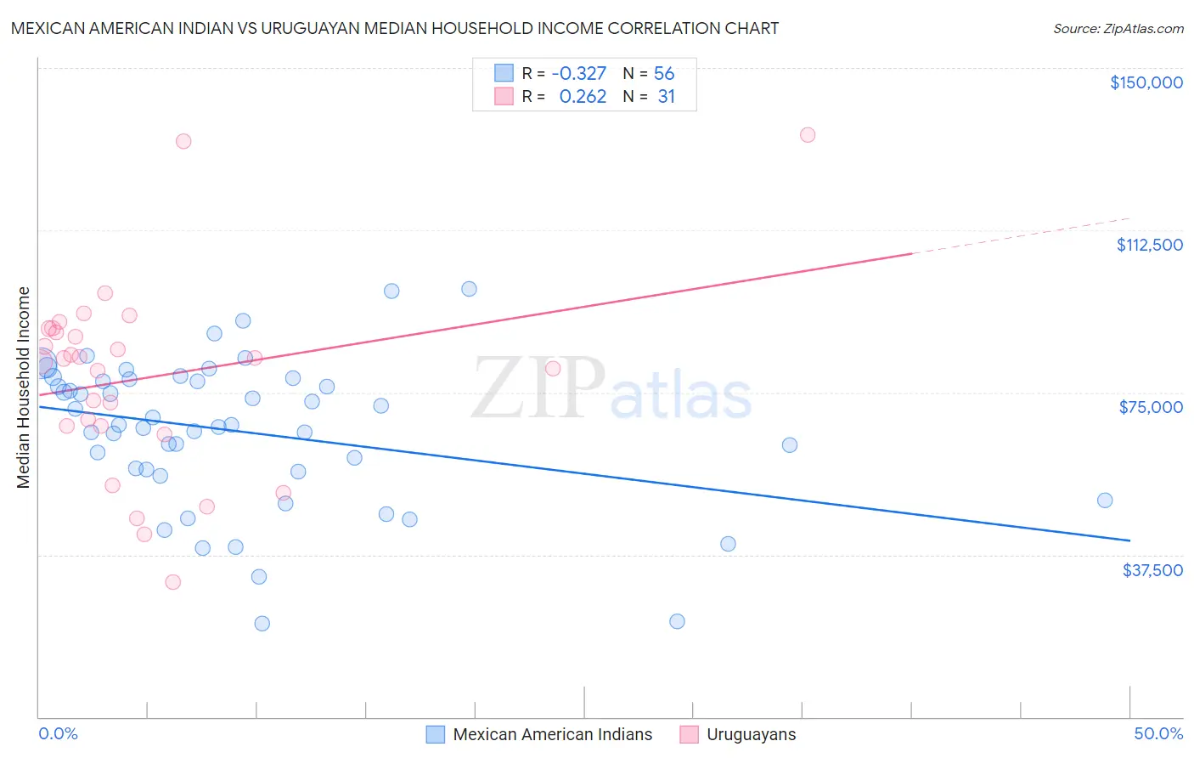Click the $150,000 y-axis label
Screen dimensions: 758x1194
[x=1146, y=82]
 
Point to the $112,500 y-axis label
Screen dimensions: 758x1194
[x=1149, y=245]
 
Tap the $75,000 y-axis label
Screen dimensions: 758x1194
[x=1151, y=407]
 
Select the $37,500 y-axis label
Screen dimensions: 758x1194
[x=1152, y=569]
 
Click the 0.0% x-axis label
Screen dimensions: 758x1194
[x=58, y=733]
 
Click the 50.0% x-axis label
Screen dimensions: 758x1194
[x=1158, y=733]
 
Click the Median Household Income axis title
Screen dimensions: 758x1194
[x=24, y=387]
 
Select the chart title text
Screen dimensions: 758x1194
[x=395, y=28]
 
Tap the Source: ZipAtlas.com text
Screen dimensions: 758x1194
[x=1118, y=29]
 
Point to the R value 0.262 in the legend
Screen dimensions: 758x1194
[x=583, y=97]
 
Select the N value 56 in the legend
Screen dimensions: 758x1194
[x=664, y=74]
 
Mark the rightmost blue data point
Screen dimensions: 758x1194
[x=1104, y=501]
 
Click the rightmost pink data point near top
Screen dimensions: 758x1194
[x=808, y=135]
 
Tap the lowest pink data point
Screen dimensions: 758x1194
[x=173, y=582]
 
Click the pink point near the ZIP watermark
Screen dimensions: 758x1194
[x=553, y=369]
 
